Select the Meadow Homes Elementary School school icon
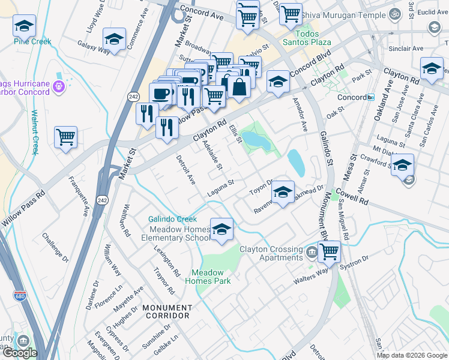point(221,230)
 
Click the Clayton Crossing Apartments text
point(271,254)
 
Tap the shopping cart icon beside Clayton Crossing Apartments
point(329,251)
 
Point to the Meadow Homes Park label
point(208,277)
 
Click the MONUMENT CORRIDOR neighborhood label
point(166,311)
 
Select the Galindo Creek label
point(173,220)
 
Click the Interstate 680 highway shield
point(19,295)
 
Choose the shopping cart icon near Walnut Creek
point(65,136)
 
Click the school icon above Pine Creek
point(25,26)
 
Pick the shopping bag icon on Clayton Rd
point(239,86)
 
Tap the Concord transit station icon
point(371,97)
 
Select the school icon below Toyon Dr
point(282,192)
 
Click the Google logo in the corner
point(20,353)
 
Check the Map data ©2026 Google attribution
point(412,355)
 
